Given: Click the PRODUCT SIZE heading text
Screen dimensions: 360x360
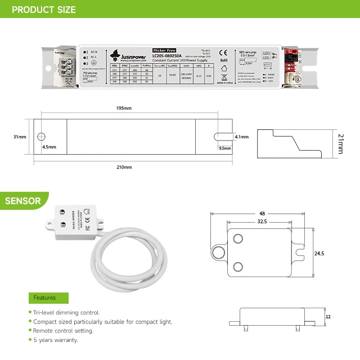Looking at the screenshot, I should (43, 10).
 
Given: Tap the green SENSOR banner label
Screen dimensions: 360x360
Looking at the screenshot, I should (22, 201).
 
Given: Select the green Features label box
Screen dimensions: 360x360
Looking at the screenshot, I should (48, 298).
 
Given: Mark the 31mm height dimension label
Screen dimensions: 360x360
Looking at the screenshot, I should (20, 137).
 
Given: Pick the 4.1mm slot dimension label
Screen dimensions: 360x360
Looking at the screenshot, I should (241, 137).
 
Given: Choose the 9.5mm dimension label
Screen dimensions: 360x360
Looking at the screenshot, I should (224, 148).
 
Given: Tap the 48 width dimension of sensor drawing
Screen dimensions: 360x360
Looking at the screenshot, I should (262, 214).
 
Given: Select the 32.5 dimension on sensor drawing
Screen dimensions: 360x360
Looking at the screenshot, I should (262, 222).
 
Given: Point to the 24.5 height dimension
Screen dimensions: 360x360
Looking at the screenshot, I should (319, 254).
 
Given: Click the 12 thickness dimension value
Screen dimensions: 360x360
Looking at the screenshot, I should (328, 317).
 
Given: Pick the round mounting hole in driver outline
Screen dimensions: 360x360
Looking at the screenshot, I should (41, 137).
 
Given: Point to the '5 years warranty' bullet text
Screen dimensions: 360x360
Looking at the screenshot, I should (56, 340).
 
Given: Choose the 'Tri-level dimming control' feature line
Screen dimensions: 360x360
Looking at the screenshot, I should (66, 312).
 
